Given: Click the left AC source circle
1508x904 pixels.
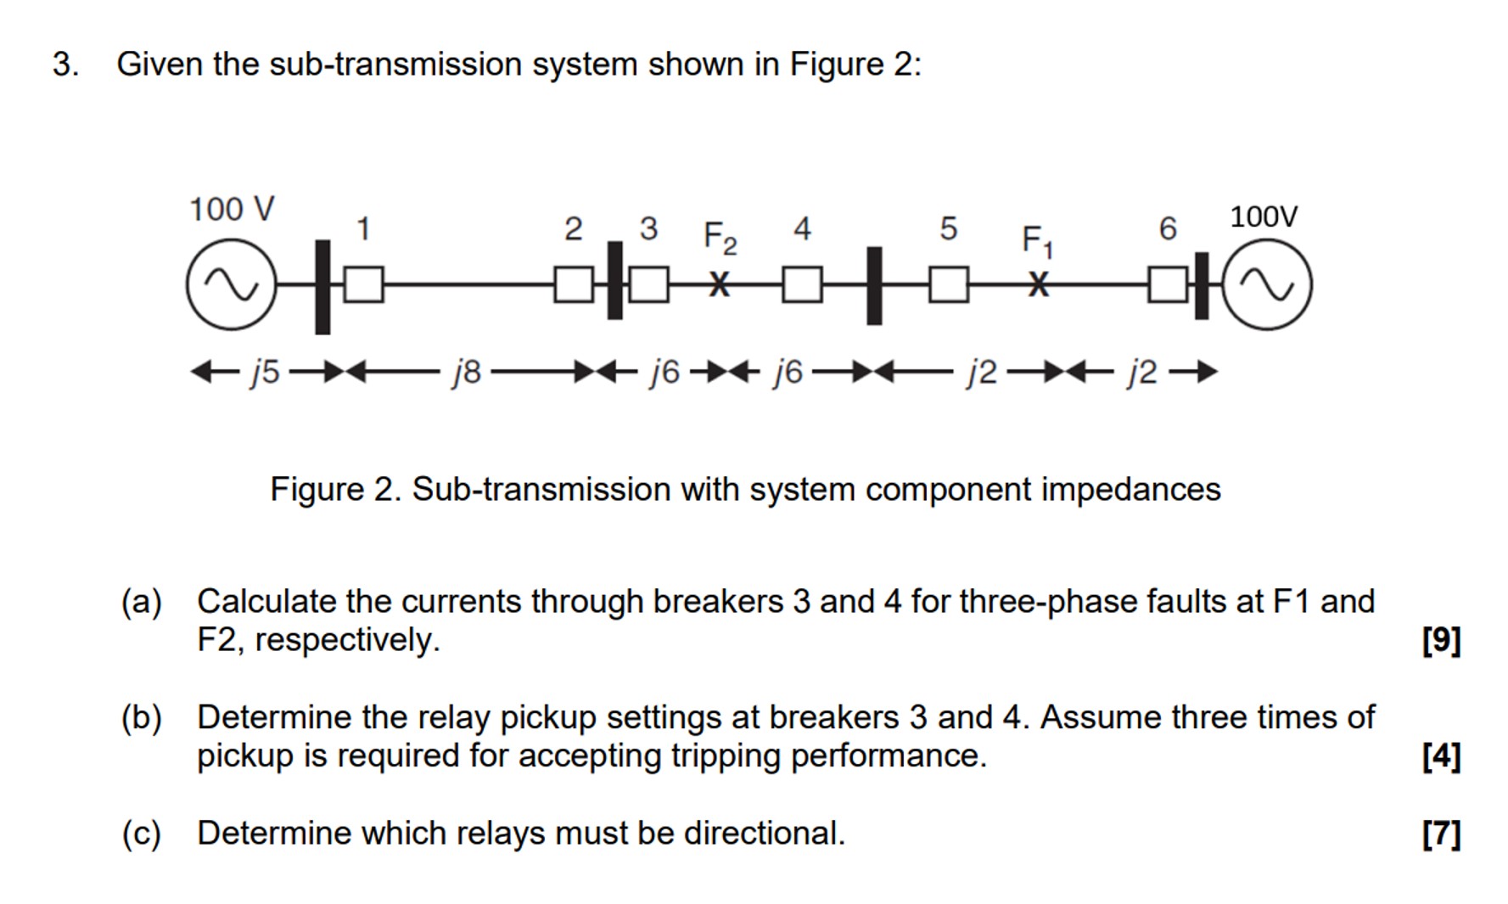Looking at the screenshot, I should coord(231,284).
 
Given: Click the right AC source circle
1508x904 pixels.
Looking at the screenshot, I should coord(1267,284).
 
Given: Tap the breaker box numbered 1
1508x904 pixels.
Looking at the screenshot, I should coord(363,284).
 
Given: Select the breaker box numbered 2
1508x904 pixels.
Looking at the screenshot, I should coord(574,284).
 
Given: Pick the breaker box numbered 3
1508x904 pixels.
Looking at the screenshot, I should coord(649,284).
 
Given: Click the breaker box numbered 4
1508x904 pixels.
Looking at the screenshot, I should coord(802,284).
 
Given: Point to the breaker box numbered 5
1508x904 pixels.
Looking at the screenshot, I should coord(949,284).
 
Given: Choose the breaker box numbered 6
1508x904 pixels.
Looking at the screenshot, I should coord(1168,284).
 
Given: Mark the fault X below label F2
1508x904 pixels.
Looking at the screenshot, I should coord(719,284).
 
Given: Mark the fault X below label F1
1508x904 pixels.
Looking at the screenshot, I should coord(1037,284).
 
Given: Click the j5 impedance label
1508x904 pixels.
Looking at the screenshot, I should coord(265,372).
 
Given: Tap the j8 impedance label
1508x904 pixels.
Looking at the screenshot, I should coord(467,372).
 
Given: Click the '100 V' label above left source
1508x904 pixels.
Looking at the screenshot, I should coord(231,209).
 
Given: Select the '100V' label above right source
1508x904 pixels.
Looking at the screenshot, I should coord(1263,216).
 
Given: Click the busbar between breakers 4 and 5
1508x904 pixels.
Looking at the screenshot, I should coord(874,285).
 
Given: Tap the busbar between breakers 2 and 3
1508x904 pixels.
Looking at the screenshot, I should coord(614,280).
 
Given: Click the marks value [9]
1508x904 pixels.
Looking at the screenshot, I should coord(1441,639).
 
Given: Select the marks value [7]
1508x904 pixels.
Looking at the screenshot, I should coord(1441,834).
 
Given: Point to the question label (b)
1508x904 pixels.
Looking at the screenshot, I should coord(141,717).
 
